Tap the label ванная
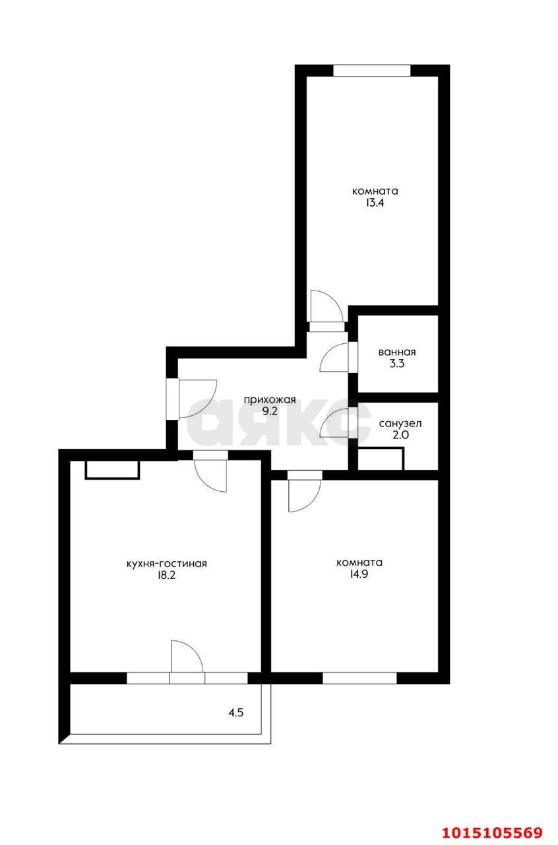coord(397,352)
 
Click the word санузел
coord(400,424)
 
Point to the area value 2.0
coord(400,435)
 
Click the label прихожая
coord(270,399)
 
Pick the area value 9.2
coord(270,411)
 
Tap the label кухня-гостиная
coord(166,563)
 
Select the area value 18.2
coord(166,575)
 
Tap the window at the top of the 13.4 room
coord(372,71)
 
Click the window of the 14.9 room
coord(359,677)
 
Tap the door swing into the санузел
coord(337,423)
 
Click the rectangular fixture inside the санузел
coord(380,459)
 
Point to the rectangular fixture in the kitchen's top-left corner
coord(112,469)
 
